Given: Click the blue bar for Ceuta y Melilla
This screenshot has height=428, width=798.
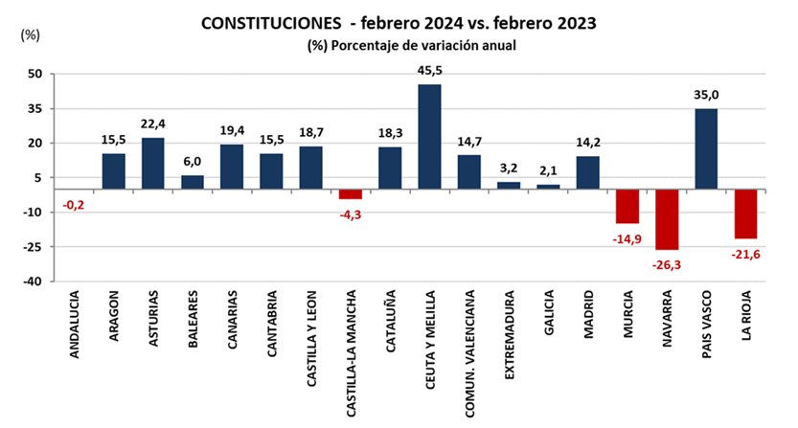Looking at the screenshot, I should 429,137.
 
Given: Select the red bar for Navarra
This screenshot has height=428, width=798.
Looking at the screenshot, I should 667,219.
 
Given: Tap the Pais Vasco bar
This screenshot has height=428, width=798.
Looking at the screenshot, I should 706,148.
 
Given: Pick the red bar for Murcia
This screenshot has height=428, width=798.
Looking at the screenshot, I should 627,206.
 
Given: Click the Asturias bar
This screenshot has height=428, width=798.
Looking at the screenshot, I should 152,164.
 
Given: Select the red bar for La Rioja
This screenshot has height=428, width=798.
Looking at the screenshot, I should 746,214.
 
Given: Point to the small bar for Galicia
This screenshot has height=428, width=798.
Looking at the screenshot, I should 548,187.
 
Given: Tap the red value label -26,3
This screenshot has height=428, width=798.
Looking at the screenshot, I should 667,262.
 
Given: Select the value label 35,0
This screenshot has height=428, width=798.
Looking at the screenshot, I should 706,97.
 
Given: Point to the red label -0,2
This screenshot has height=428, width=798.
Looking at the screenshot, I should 74,204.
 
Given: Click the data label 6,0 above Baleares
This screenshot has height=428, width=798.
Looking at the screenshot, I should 192,163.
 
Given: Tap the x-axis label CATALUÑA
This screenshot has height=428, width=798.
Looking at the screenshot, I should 390,325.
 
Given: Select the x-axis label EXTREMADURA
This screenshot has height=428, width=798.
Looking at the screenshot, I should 509,335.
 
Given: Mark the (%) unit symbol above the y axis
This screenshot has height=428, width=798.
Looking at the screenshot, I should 30,35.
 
